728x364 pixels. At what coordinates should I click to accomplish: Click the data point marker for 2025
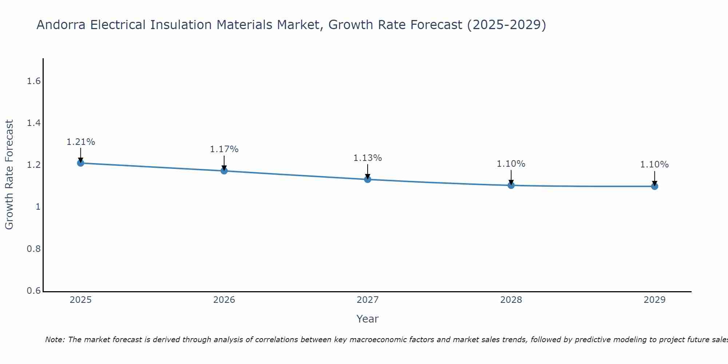pos(80,163)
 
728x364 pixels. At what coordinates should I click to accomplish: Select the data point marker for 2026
pos(224,171)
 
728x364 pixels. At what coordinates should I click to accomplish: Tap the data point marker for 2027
pos(367,179)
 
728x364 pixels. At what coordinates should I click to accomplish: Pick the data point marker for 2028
pos(511,185)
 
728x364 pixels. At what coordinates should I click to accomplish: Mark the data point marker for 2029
pos(654,186)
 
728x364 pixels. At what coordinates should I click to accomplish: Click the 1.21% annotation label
pos(80,142)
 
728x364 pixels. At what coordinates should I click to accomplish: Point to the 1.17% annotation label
pos(224,149)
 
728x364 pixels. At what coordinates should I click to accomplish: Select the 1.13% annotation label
pos(367,158)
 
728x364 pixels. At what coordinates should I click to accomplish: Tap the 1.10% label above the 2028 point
pos(511,164)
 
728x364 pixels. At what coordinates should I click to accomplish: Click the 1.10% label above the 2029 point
pos(654,165)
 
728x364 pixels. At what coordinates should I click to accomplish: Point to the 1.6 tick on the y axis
pos(33,81)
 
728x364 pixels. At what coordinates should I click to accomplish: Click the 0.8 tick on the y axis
pos(33,249)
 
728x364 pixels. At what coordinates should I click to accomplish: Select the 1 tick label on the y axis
pos(37,207)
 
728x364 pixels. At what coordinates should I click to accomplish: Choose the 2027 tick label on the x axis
pos(367,300)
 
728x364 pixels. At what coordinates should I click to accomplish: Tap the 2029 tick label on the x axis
pos(654,300)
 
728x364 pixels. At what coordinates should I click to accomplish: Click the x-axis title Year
pos(367,319)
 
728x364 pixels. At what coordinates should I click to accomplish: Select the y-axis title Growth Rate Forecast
pos(9,175)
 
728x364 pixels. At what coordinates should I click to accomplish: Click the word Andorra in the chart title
pos(61,25)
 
